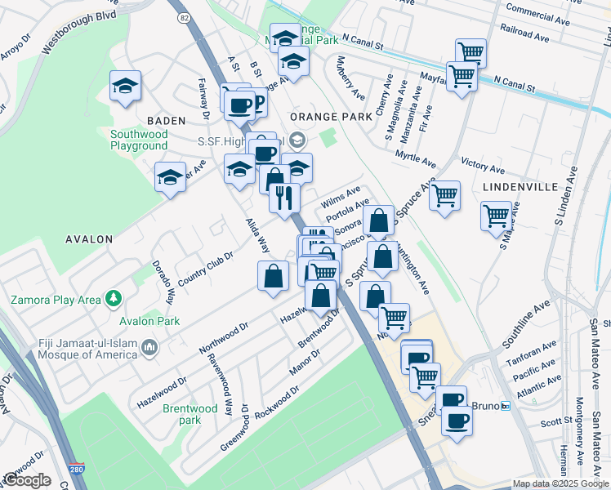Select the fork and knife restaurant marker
284,198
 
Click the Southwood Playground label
139,140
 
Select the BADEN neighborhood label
167,120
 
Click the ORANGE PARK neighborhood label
332,116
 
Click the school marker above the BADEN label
125,86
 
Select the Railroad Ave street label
526,35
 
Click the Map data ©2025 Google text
560,483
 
